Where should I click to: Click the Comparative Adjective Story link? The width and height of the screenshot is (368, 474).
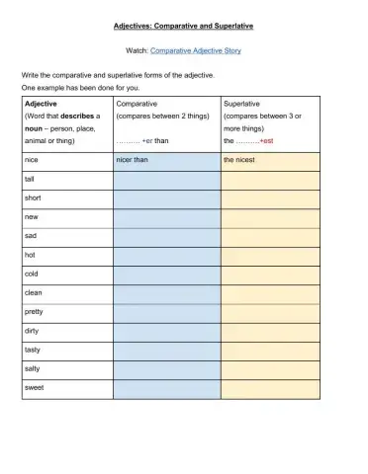click(195, 48)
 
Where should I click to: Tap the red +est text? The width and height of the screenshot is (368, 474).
click(271, 140)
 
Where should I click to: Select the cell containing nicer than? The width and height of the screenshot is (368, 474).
click(166, 160)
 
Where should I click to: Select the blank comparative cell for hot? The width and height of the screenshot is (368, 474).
click(166, 255)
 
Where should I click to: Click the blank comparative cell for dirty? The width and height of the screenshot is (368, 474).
click(166, 330)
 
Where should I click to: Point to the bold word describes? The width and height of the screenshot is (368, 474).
click(77, 116)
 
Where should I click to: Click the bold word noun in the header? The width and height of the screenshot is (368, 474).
click(33, 127)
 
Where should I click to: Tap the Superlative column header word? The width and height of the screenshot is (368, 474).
click(243, 103)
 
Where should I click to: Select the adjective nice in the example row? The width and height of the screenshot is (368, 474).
click(31, 160)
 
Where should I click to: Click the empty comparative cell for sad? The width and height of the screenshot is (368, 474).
click(166, 236)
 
